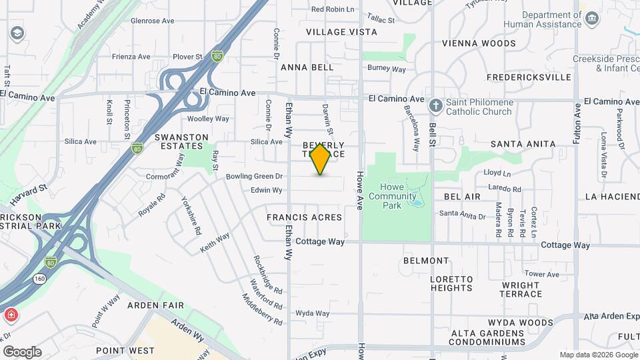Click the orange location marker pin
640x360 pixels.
pos(320,159)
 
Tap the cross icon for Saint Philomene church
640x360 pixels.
pos(435,106)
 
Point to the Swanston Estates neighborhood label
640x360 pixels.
pos(178,141)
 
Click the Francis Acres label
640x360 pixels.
pos(304,217)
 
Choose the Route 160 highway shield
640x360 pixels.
pos(41,278)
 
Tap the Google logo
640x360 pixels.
pos(22,352)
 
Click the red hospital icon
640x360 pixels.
pos(11,314)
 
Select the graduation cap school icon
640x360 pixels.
pos(16,32)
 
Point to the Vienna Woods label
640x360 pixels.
pos(479,43)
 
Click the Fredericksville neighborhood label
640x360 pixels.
pos(529,77)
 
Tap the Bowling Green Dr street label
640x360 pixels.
pos(255,177)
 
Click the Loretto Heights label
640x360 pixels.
pos(451,283)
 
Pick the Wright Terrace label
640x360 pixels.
pos(521,289)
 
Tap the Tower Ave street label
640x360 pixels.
pos(541,274)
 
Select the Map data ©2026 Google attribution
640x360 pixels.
pos(598,355)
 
